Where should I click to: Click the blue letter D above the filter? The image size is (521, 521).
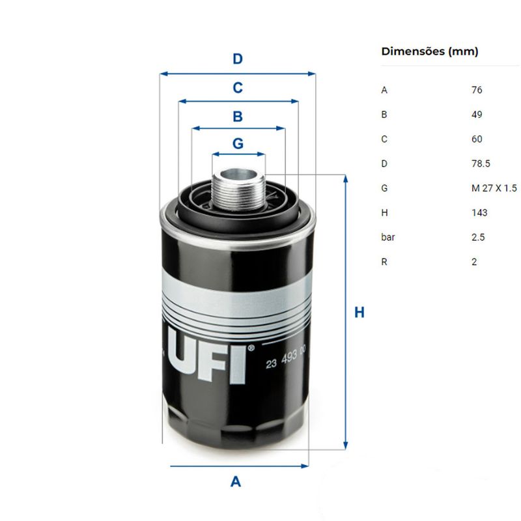tap(238, 59)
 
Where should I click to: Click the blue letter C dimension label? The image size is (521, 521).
tap(238, 88)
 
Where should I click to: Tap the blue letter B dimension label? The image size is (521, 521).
tap(238, 117)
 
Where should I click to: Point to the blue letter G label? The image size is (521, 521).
tap(238, 143)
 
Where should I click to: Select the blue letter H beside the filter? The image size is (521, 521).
tap(359, 313)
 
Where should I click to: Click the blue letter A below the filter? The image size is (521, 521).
tap(236, 481)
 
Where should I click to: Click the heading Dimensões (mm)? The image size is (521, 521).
tap(430, 51)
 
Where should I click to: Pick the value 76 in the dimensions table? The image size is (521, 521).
tap(477, 90)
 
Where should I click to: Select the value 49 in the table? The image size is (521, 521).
tap(477, 115)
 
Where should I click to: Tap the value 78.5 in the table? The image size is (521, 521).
tap(481, 163)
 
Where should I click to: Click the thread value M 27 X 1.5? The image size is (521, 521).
tap(494, 188)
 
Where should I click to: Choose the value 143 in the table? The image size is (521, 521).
tap(479, 213)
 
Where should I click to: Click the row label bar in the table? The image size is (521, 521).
tap(387, 237)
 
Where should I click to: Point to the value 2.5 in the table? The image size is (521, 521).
tap(478, 237)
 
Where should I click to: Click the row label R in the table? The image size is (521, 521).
tap(384, 262)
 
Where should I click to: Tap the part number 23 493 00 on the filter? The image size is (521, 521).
tap(285, 358)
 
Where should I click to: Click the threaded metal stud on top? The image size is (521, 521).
tap(238, 189)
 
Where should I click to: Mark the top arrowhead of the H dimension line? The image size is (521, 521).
tap(346, 178)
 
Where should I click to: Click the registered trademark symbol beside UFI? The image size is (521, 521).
tap(251, 348)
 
